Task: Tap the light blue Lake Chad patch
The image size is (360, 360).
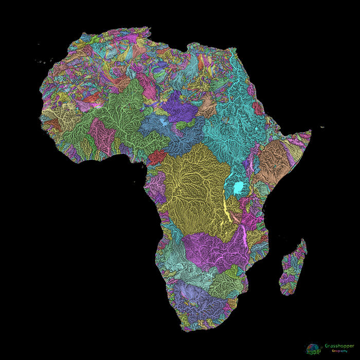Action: pos(164,122)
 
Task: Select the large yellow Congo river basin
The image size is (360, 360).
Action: pos(193,190)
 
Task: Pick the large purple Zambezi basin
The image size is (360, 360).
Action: pos(216,252)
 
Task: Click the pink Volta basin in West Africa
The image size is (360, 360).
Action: pos(101,135)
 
